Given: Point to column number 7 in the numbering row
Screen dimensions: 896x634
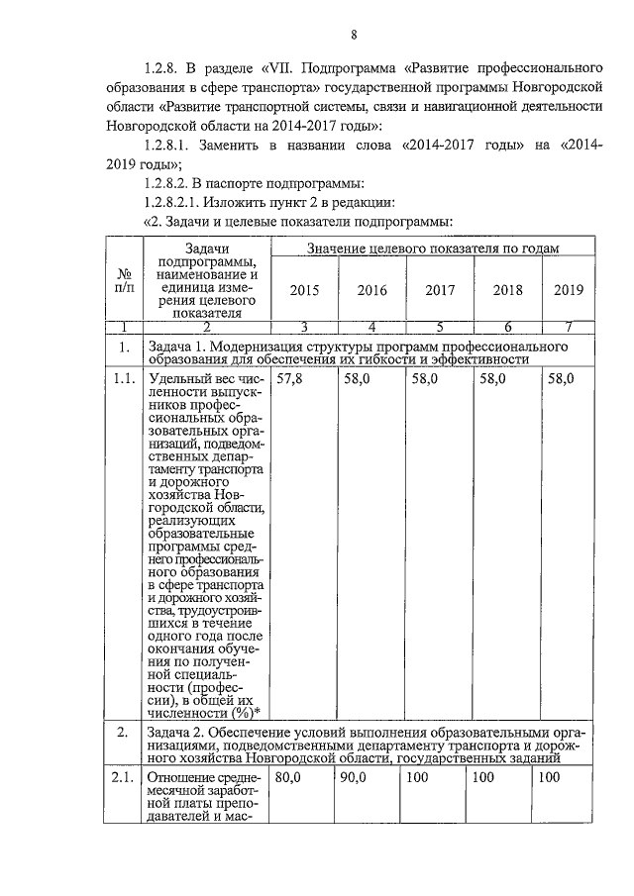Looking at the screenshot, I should point(569,327).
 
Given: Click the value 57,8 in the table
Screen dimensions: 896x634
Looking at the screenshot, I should point(290,379).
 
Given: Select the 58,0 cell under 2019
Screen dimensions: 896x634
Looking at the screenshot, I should point(561,379).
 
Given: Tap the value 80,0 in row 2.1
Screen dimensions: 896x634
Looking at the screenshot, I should point(288,778).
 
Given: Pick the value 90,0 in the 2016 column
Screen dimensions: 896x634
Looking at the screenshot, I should point(354,778).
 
